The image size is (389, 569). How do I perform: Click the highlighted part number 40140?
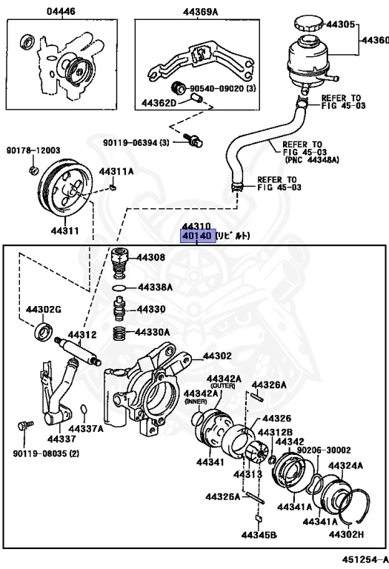coord(196,236)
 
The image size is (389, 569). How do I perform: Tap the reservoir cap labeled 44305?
coord(308,24)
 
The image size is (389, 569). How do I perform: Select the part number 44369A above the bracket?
coord(200,12)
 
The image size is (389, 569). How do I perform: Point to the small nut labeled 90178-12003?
coord(33,170)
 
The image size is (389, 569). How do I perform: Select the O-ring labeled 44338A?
coord(119,288)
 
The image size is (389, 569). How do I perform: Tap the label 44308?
coord(151,258)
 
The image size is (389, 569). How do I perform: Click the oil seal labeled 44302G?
coord(44,331)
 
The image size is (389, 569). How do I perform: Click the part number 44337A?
coord(87,429)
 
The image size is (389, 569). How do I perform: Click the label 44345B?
coord(259,534)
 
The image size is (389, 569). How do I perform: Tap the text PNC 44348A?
coord(312,159)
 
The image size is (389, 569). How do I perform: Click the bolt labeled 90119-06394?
coord(193,141)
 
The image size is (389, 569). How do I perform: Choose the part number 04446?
coord(61,12)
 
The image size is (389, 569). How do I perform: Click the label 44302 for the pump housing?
coord(217,356)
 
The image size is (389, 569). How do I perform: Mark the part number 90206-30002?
coord(324,450)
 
